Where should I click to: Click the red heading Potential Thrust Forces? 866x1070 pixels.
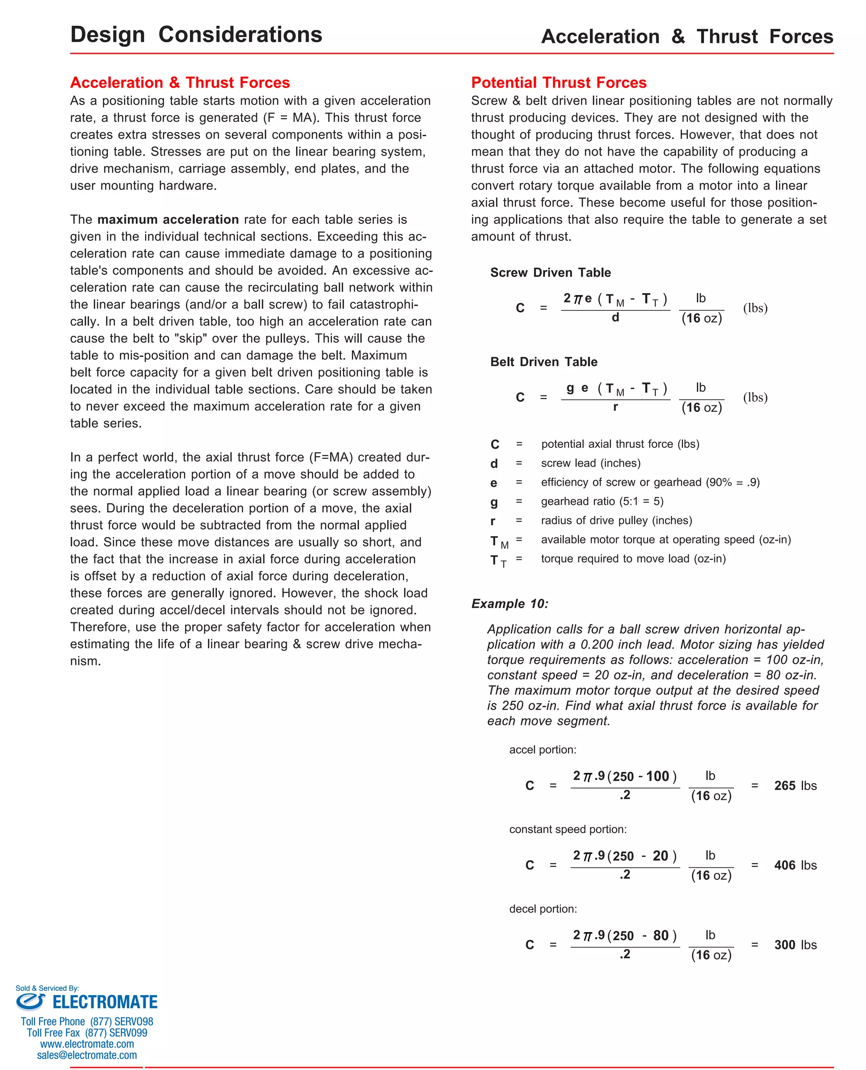[558, 82]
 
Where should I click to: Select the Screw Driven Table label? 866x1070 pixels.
[550, 272]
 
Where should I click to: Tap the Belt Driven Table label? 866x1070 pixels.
[543, 362]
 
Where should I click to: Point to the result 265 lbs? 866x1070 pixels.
[795, 786]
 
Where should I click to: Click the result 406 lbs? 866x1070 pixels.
[795, 865]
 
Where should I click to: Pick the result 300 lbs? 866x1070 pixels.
[795, 945]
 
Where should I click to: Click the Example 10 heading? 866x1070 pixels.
[509, 604]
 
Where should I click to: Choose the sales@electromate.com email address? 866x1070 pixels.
[87, 1055]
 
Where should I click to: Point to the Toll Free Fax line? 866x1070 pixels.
[87, 1033]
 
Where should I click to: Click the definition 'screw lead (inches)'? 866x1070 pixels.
[590, 463]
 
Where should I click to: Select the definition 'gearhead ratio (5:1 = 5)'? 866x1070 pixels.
[602, 501]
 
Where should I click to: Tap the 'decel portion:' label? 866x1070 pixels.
[543, 909]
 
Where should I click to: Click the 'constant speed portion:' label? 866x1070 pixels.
[568, 829]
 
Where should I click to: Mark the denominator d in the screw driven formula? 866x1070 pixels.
[615, 318]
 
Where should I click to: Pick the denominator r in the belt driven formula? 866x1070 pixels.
[615, 407]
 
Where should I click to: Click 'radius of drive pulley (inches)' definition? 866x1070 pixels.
[616, 520]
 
